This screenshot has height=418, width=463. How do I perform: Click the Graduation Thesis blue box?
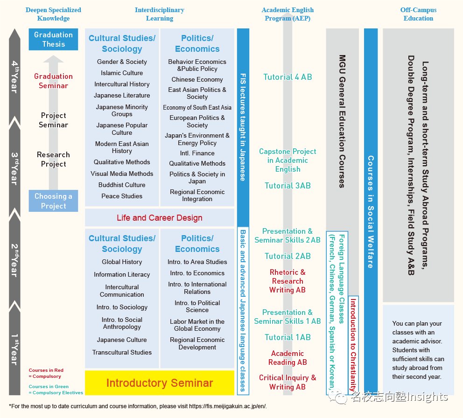pyautogui.click(x=53, y=39)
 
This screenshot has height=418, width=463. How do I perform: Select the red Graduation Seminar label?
pyautogui.click(x=53, y=81)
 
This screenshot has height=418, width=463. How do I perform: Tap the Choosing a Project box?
pyautogui.click(x=53, y=201)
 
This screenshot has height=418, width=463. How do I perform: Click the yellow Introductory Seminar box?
pyautogui.click(x=160, y=383)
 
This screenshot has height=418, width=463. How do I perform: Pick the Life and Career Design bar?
pyautogui.click(x=160, y=218)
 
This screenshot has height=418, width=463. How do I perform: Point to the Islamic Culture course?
pyautogui.click(x=122, y=73)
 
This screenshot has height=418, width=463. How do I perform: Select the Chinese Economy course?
pyautogui.click(x=197, y=79)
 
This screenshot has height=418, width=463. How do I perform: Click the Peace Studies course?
pyautogui.click(x=122, y=196)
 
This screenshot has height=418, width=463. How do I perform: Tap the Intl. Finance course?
pyautogui.click(x=197, y=153)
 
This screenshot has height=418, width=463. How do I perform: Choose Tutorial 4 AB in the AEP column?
pyautogui.click(x=288, y=77)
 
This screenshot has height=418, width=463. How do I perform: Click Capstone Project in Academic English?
pyautogui.click(x=288, y=160)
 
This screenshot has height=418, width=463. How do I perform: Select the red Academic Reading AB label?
pyautogui.click(x=288, y=358)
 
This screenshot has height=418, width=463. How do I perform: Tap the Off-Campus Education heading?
pyautogui.click(x=418, y=14)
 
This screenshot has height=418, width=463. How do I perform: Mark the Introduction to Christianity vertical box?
pyautogui.click(x=353, y=344)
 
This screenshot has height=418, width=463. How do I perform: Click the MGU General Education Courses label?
pyautogui.click(x=342, y=121)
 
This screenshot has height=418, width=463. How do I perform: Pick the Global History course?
pyautogui.click(x=122, y=262)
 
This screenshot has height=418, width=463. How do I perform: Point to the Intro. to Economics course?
pyautogui.click(x=197, y=273)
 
